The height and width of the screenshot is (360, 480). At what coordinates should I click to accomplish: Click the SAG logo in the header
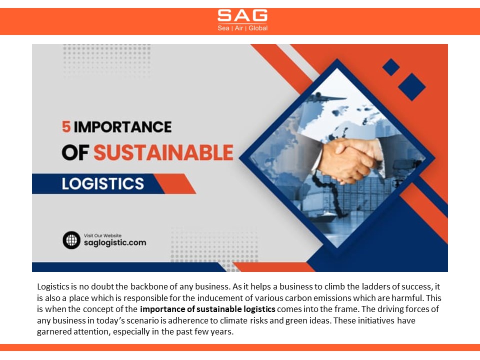click(242, 15)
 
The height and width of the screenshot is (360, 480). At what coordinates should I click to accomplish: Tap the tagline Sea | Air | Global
click(242, 28)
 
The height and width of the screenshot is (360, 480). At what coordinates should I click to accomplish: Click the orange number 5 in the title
click(66, 127)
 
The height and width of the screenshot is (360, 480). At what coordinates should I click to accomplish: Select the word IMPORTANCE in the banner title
click(122, 127)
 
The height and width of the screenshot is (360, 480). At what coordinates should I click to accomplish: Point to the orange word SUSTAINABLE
click(163, 153)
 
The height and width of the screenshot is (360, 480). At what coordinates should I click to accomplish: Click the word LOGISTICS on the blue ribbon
click(103, 183)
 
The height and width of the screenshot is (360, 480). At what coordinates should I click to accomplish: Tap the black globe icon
click(71, 240)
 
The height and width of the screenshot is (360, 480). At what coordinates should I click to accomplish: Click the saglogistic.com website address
click(115, 243)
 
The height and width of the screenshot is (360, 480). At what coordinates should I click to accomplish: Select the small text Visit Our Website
click(102, 235)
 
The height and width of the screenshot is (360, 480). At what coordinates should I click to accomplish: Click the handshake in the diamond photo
click(350, 159)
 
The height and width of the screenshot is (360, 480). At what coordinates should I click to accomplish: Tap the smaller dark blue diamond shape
click(390, 67)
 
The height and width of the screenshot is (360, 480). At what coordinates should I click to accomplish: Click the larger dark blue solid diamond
click(411, 86)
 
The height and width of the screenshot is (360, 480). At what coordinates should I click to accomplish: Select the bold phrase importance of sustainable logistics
click(207, 309)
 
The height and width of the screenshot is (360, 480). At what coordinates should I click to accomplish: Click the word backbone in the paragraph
click(146, 287)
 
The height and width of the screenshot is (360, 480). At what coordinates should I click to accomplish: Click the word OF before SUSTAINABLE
click(76, 153)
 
